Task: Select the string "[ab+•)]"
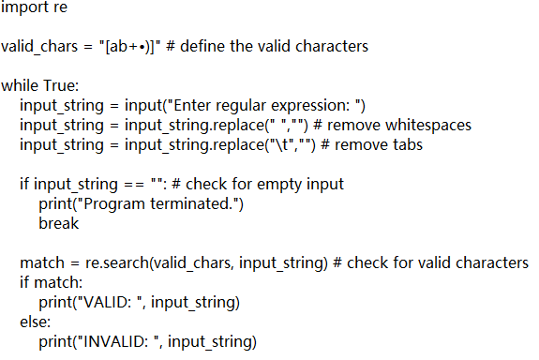[127, 46]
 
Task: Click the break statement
[59, 223]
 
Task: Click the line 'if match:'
[52, 282]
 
